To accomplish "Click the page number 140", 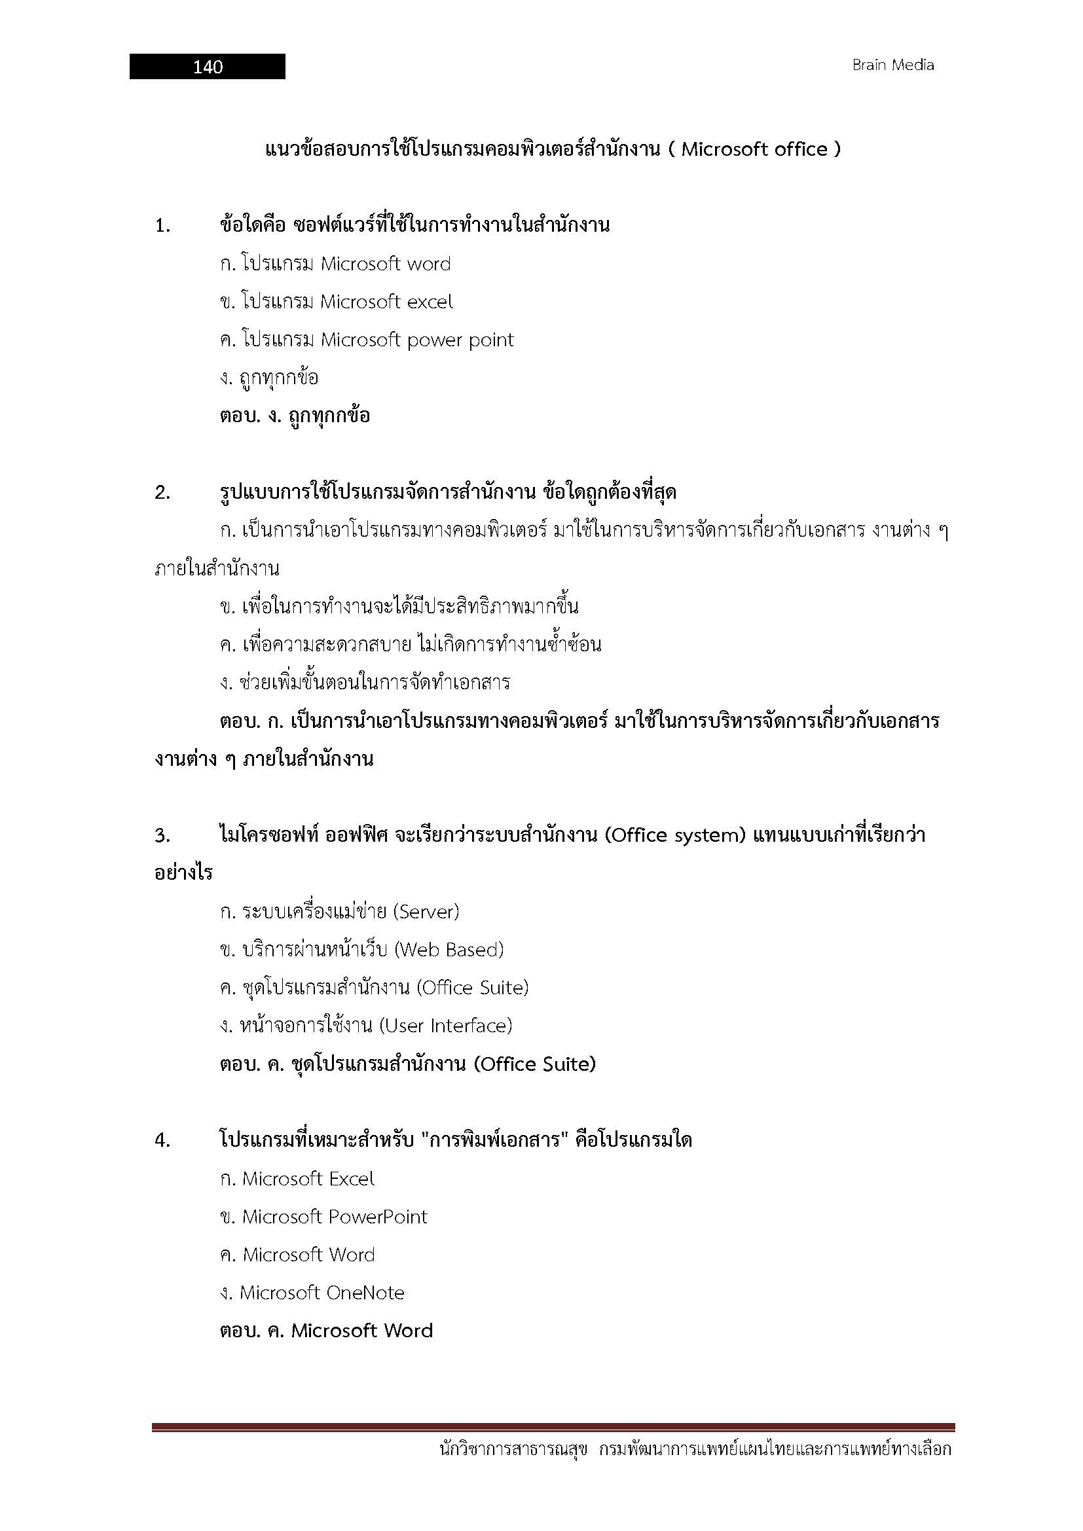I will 208,67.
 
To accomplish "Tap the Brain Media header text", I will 893,65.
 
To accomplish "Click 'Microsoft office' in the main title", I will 754,149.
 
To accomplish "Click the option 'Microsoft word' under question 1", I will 386,264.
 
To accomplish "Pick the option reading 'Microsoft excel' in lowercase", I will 386,302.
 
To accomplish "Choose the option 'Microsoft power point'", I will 417,340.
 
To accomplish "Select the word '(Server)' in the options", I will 426,912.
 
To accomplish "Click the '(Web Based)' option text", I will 449,950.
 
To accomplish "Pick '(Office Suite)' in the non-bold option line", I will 472,988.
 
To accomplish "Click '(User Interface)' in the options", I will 445,1026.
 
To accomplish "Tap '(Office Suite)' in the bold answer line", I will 535,1064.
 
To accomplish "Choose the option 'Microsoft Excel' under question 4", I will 308,1179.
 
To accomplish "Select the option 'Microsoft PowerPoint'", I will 334,1217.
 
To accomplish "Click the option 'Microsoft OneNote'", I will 321,1293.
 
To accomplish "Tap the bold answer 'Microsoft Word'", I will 362,1331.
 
